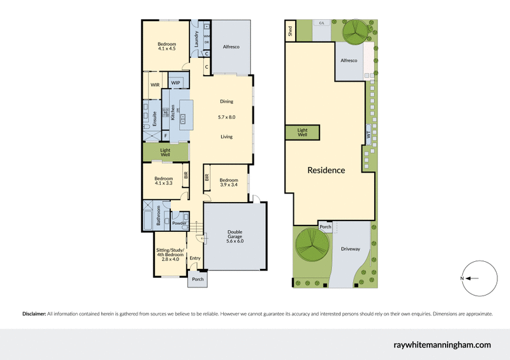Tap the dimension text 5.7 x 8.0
pos(227,117)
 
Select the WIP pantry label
pos(175,83)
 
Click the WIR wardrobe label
pos(154,85)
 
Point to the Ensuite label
pos(155,119)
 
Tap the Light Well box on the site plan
pos(302,132)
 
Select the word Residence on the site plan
pos(326,170)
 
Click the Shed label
pos(290,29)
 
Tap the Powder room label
pos(178,223)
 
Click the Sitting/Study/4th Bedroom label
pos(170,256)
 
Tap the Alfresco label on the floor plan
pos(231,47)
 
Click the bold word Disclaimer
pos(34,314)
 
